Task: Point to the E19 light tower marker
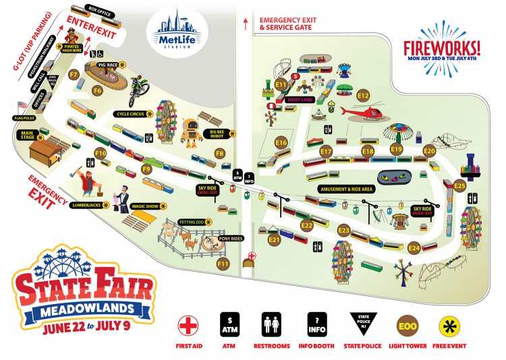397,149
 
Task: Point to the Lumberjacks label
90,205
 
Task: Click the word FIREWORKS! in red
442,48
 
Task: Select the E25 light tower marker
460,185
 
